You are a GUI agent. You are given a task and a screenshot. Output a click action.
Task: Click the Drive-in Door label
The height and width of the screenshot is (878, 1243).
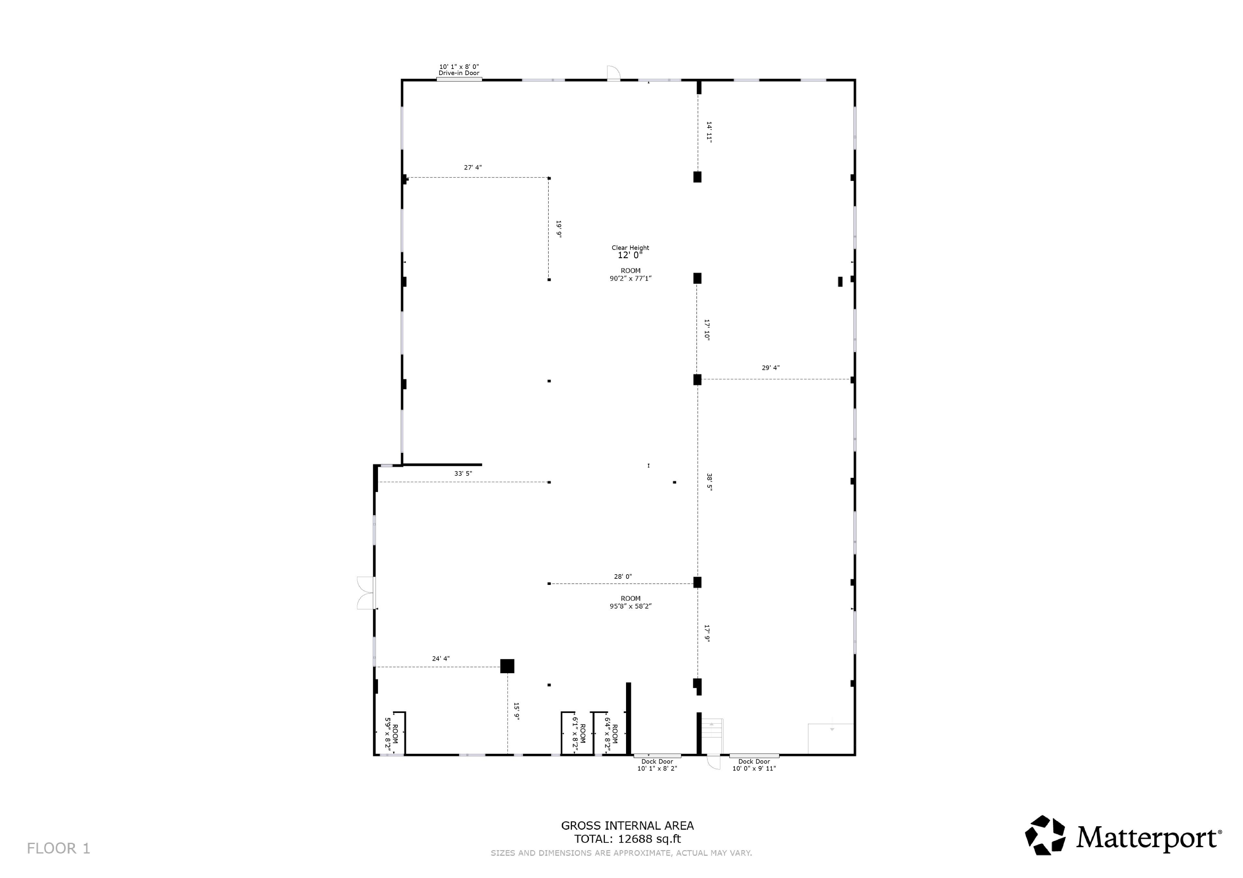pyautogui.click(x=459, y=70)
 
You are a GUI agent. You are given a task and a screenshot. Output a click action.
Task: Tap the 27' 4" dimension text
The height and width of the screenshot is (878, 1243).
pyautogui.click(x=473, y=168)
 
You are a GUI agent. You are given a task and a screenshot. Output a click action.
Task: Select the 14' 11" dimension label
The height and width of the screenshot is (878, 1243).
pyautogui.click(x=709, y=131)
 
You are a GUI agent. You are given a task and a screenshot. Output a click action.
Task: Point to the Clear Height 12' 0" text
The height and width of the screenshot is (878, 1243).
pyautogui.click(x=630, y=252)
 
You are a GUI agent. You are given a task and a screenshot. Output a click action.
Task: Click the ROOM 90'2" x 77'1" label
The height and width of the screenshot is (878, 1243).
pyautogui.click(x=631, y=275)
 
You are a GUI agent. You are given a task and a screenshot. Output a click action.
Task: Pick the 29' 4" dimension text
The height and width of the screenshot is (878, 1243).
pyautogui.click(x=770, y=368)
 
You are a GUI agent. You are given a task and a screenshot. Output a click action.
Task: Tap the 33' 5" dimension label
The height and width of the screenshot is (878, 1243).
pyautogui.click(x=463, y=473)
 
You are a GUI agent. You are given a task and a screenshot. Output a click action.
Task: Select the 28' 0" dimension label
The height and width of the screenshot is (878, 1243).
pyautogui.click(x=622, y=577)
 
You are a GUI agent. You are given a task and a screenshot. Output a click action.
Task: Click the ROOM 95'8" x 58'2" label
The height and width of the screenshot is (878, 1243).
pyautogui.click(x=631, y=602)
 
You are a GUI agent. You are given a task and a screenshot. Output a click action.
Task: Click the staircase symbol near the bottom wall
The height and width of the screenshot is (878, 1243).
pyautogui.click(x=712, y=736)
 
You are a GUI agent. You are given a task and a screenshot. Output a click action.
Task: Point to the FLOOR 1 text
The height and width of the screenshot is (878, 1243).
pyautogui.click(x=59, y=848)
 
